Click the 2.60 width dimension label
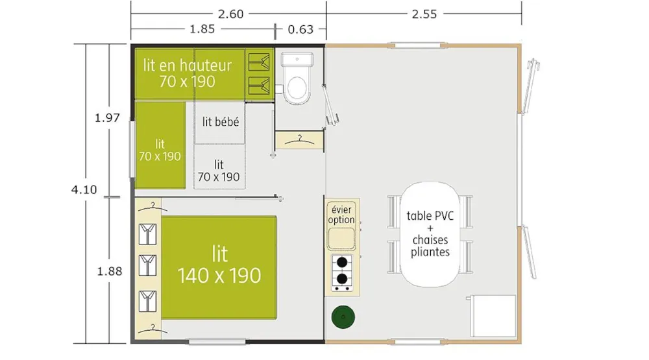click(x=230, y=14)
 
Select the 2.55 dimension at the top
click(x=424, y=14)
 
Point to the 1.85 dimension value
click(x=202, y=29)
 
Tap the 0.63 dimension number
click(x=300, y=29)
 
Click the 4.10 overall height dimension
click(x=84, y=189)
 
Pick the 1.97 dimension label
click(x=107, y=118)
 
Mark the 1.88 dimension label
click(x=110, y=271)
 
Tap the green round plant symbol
click(x=343, y=317)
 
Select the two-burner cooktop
click(x=342, y=272)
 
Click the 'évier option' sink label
click(x=341, y=215)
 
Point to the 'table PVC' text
click(x=430, y=215)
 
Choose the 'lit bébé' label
click(x=221, y=122)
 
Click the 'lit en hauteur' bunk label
click(x=188, y=65)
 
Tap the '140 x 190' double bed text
click(x=219, y=276)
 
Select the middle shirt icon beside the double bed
click(x=147, y=265)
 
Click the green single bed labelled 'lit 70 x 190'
click(x=160, y=145)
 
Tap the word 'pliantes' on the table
click(x=430, y=252)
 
